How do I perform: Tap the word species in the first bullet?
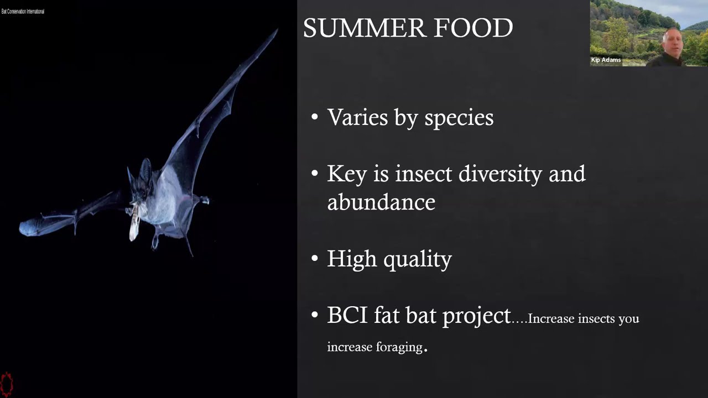[x=459, y=118]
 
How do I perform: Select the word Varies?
[x=357, y=117]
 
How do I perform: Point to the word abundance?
[x=381, y=202]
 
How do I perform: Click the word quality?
[x=418, y=259]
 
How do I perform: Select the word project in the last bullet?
[x=476, y=316]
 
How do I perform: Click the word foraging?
[x=398, y=347]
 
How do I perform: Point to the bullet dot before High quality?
[x=315, y=259]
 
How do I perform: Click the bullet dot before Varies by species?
[x=315, y=117]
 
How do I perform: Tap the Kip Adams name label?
[x=606, y=60]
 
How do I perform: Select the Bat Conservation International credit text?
[x=23, y=11]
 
